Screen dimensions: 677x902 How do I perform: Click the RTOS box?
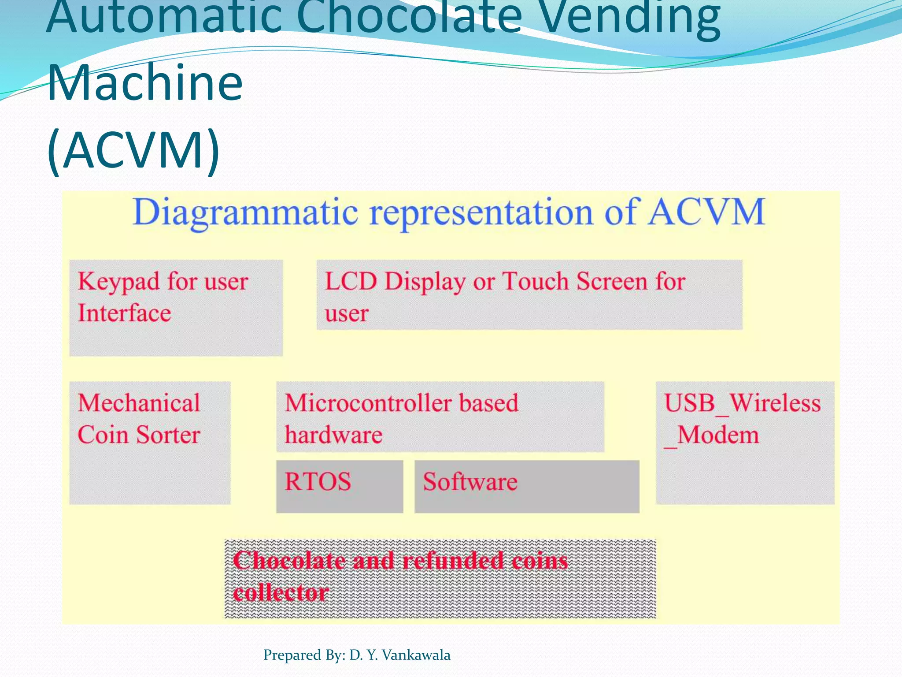[x=339, y=486]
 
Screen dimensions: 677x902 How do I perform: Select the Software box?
[x=526, y=486]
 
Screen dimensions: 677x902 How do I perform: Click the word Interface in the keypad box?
[x=124, y=313]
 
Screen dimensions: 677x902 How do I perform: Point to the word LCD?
[x=351, y=281]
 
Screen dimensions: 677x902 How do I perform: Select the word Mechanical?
[x=139, y=403]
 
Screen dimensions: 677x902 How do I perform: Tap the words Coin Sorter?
[x=139, y=435]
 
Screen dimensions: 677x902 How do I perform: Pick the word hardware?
[x=333, y=435]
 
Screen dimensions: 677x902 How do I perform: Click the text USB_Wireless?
[x=742, y=403]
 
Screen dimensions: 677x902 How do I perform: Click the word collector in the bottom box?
[x=281, y=592]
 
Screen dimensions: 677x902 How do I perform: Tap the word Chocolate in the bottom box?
[x=289, y=561]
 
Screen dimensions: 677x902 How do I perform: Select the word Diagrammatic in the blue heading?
[x=245, y=212]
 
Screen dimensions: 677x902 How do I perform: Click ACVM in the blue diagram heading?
[x=706, y=212]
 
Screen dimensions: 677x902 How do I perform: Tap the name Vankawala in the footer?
[x=416, y=655]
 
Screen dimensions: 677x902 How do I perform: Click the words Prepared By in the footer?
[x=304, y=655]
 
